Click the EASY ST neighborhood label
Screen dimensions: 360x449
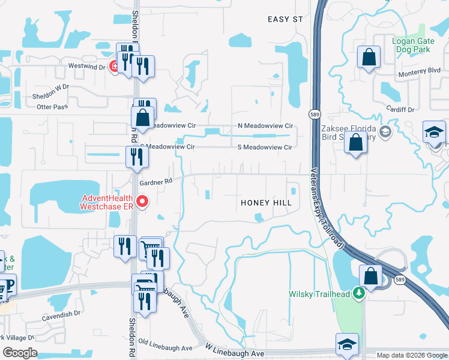[285, 19]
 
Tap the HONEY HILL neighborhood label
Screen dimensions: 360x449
[266, 203]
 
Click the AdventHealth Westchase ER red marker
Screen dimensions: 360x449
[142, 202]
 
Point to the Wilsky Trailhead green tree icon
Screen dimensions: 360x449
[359, 293]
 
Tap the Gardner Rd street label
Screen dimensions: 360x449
[155, 181]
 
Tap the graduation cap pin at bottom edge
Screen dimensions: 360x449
[347, 345]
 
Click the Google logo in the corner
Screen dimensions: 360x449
[20, 353]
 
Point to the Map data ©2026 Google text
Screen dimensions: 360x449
[411, 355]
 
